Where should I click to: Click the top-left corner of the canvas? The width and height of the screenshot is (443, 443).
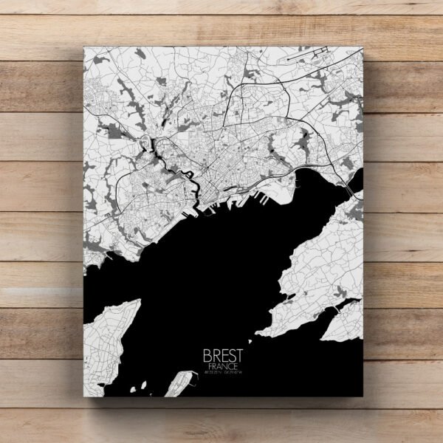[83, 46]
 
